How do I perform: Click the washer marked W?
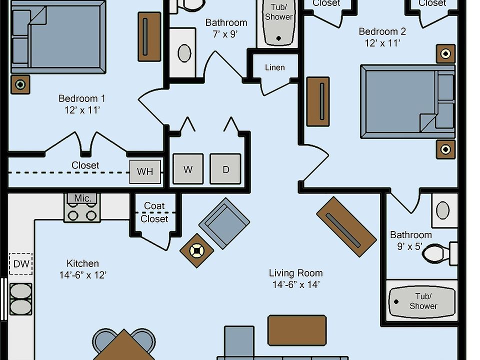[x=188, y=169]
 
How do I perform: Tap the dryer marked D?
[x=225, y=169]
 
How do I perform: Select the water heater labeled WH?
[x=145, y=171]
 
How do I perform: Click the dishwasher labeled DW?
[x=21, y=264]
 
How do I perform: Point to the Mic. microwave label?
[x=82, y=198]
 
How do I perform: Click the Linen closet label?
[x=274, y=67]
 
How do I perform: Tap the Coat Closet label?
[x=154, y=212]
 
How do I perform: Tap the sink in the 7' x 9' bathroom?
[x=184, y=53]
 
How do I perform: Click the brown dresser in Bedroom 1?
[x=149, y=37]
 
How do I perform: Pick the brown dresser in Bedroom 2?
[x=318, y=101]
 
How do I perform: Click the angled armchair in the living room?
[x=224, y=222]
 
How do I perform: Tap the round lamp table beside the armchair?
[x=197, y=250]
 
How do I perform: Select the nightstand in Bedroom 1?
[x=20, y=84]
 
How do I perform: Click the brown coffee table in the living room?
[x=297, y=330]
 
